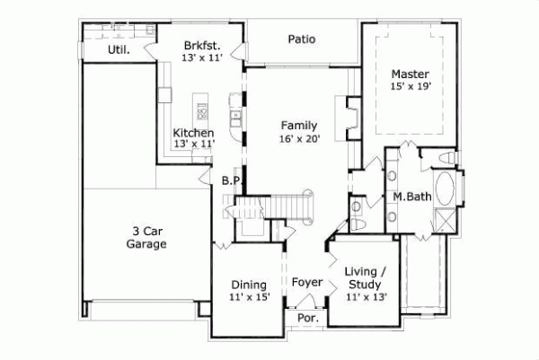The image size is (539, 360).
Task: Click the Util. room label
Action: click(x=119, y=50)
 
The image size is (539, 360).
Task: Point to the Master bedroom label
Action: click(x=410, y=74)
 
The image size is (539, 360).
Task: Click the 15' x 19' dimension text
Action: click(x=410, y=87)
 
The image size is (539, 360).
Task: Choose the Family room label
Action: click(x=298, y=125)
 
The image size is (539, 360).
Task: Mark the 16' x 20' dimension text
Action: click(x=298, y=139)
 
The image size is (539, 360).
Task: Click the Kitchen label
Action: click(x=193, y=133)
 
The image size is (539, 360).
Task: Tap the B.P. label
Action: click(x=232, y=180)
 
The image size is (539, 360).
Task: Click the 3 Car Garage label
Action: click(x=146, y=235)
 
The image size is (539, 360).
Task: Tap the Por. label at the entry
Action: click(x=305, y=318)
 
